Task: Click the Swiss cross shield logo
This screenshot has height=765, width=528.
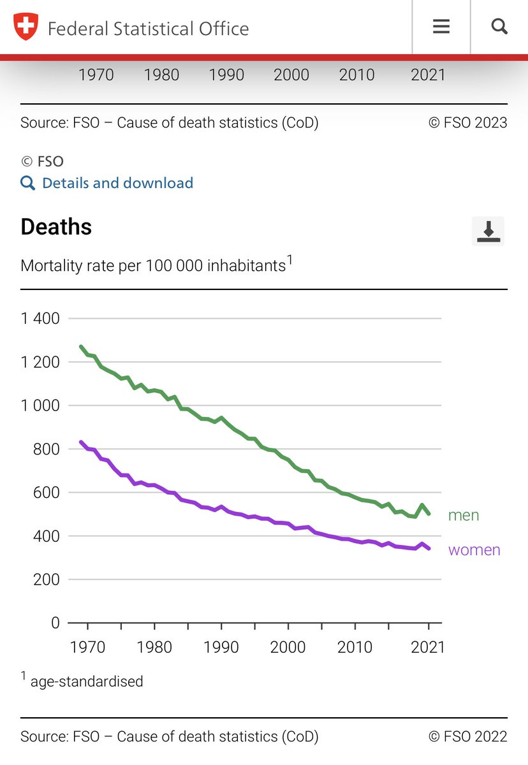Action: [x=26, y=27]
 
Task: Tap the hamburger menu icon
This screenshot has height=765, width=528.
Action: [x=441, y=27]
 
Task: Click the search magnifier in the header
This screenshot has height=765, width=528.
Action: [x=499, y=27]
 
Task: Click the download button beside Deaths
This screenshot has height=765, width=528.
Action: [x=488, y=230]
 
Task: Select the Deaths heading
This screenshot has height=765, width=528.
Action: [x=56, y=227]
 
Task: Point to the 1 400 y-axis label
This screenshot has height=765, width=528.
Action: [x=40, y=318]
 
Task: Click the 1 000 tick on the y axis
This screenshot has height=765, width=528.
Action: [x=40, y=405]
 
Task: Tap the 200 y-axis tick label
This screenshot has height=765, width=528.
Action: [x=46, y=579]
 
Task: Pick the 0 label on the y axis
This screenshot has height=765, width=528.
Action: [x=55, y=623]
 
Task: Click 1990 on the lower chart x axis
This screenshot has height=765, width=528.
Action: [x=221, y=648]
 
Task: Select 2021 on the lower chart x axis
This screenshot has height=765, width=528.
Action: [x=427, y=648]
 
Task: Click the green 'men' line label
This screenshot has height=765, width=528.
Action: [x=464, y=515]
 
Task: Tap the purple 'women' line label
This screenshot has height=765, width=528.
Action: [x=474, y=550]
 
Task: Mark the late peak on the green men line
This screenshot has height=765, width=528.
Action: [x=422, y=505]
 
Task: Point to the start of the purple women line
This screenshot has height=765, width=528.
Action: [x=81, y=442]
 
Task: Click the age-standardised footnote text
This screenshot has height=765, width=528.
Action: [x=87, y=681]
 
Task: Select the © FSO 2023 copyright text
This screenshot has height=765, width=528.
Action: [x=468, y=122]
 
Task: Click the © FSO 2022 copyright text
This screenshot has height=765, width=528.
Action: [x=468, y=737]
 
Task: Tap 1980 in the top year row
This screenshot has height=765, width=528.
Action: [x=161, y=75]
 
